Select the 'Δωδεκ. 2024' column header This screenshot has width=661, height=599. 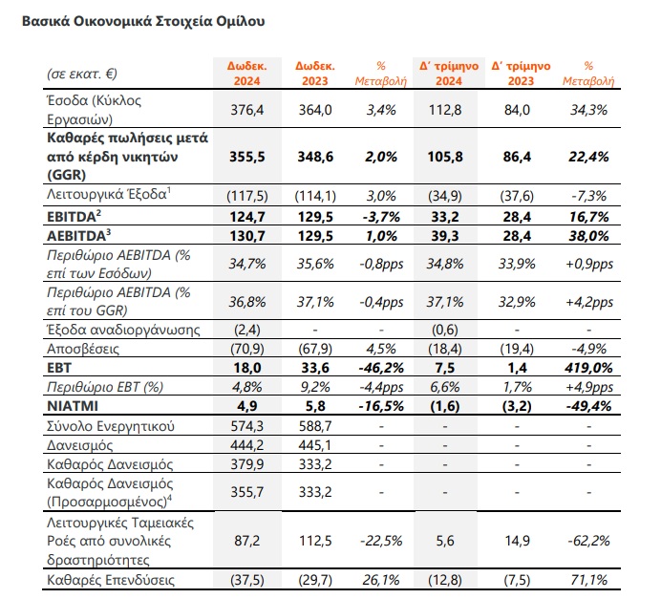[x=246, y=74]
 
